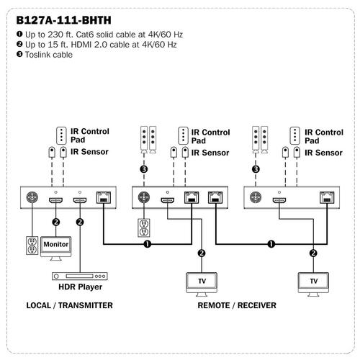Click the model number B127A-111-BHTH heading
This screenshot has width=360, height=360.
(63, 20)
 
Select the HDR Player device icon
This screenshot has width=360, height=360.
(80, 276)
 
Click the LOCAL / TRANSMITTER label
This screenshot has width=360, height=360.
(69, 305)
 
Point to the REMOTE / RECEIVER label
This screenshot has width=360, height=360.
(237, 305)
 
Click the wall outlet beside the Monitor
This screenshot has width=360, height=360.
(32, 246)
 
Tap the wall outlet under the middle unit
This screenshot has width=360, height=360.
(144, 228)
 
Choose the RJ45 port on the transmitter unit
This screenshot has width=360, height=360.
(104, 197)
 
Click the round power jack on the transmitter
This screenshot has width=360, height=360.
(32, 197)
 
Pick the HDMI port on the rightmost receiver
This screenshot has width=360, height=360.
(279, 200)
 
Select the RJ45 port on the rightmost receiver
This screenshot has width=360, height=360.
(327, 197)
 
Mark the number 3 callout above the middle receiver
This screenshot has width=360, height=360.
(144, 169)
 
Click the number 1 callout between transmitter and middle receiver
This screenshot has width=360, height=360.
(148, 244)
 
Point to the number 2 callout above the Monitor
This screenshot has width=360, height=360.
(56, 222)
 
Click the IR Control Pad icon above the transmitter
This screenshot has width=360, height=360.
(61, 136)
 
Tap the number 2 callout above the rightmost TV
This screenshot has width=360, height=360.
(313, 253)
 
